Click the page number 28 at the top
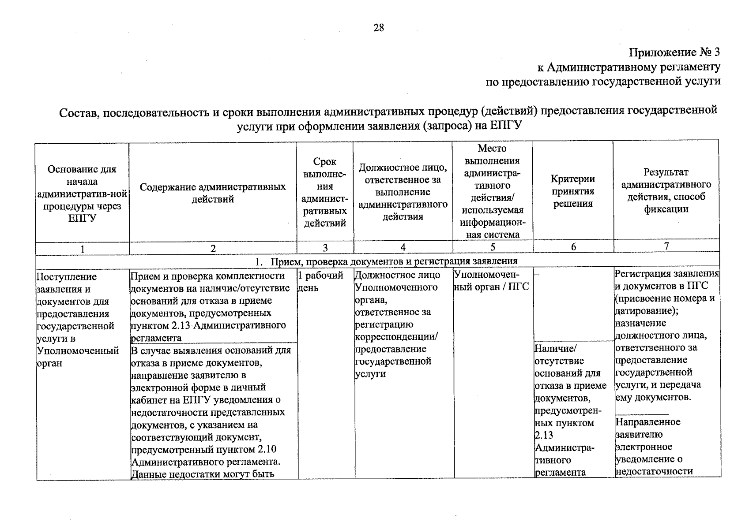click(x=378, y=28)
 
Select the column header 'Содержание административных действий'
click(x=213, y=193)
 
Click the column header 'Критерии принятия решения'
click(x=572, y=191)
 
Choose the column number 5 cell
click(x=493, y=247)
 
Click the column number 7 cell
click(x=666, y=246)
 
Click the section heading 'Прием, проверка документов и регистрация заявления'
click(x=394, y=261)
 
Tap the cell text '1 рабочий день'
click(x=321, y=281)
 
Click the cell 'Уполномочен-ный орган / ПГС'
click(x=492, y=281)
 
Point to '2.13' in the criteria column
click(x=543, y=436)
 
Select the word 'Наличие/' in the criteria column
click(x=555, y=349)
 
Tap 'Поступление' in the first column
click(x=66, y=277)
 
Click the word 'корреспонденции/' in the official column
click(x=396, y=337)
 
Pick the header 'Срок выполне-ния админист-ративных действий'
click(x=325, y=193)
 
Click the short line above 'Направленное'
click(x=642, y=414)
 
